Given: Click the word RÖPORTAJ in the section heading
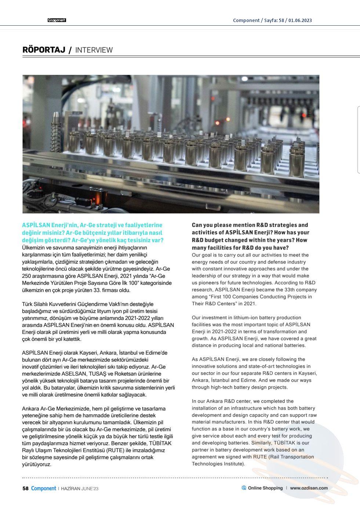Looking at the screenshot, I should (44, 50).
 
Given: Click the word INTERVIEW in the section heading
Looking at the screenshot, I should (94, 50).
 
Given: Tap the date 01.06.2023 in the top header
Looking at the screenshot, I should (300, 20).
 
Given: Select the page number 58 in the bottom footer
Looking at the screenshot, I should (25, 488).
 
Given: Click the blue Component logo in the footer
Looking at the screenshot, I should (43, 488).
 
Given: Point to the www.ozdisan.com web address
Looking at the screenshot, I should (309, 488).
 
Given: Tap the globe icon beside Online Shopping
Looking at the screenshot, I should (244, 488).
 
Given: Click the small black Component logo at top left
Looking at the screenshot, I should (57, 20).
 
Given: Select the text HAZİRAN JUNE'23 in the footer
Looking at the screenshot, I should (79, 489).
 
